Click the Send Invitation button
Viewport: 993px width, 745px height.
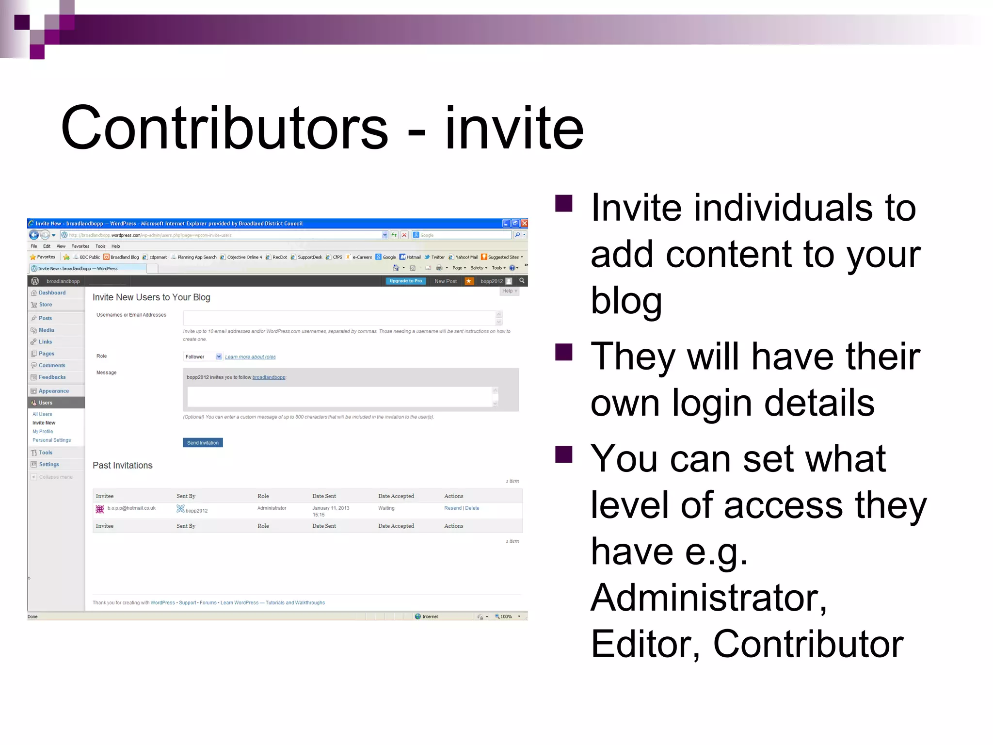(203, 443)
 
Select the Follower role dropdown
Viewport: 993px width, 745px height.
(203, 357)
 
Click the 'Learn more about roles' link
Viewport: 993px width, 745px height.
(250, 357)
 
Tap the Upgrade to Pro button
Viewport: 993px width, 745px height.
(406, 281)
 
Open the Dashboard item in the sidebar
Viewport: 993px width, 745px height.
(52, 293)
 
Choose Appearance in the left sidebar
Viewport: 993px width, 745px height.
(53, 391)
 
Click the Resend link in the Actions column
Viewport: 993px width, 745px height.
(453, 508)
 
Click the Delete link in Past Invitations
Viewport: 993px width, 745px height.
(472, 508)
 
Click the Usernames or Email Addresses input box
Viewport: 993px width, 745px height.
(339, 318)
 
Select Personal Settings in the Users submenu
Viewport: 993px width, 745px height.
(51, 440)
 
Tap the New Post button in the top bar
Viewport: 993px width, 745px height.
(446, 281)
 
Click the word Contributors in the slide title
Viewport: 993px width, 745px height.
(224, 129)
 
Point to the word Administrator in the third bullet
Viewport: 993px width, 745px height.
(708, 598)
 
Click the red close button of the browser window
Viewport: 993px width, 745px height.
(524, 224)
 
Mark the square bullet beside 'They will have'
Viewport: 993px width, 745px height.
(564, 352)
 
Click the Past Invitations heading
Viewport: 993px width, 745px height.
(123, 466)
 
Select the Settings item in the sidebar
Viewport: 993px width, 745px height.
(49, 465)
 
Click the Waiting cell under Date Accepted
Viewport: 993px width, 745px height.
(386, 508)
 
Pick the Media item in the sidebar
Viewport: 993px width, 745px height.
(47, 330)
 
